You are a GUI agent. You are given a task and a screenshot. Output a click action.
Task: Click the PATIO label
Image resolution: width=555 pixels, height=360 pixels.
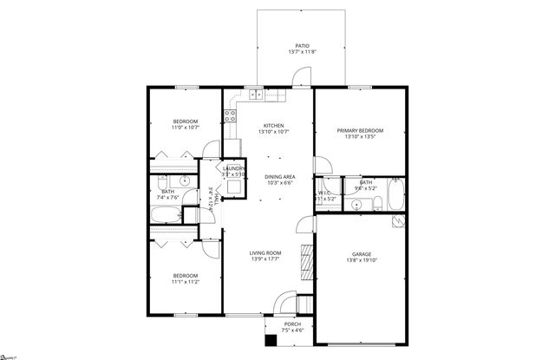(302, 45)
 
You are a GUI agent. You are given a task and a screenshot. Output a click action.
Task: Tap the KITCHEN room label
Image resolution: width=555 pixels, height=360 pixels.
(274, 125)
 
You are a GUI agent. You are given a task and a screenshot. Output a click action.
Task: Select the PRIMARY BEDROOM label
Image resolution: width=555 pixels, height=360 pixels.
(360, 130)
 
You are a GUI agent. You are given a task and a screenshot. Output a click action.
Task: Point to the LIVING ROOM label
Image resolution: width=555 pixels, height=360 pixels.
(267, 252)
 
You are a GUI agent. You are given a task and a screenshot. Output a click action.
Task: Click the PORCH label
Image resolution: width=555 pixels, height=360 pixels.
(293, 324)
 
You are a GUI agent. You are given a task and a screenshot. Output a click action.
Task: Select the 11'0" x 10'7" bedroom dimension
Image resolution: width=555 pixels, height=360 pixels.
(185, 128)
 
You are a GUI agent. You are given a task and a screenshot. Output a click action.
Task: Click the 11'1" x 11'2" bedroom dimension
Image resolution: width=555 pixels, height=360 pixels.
(186, 281)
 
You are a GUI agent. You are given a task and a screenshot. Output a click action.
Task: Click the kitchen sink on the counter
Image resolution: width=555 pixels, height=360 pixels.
(258, 95)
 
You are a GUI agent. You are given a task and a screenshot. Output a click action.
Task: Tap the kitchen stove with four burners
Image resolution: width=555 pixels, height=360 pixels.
(232, 112)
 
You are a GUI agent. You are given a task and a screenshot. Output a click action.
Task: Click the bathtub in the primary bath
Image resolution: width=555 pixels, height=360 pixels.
(395, 193)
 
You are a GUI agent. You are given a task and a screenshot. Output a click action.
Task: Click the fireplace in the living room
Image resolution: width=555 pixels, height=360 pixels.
(304, 258)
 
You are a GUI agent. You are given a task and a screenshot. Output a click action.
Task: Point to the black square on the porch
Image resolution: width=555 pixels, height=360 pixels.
(271, 339)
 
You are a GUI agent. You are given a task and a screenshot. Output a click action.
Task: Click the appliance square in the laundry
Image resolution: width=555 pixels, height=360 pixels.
(233, 185)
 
